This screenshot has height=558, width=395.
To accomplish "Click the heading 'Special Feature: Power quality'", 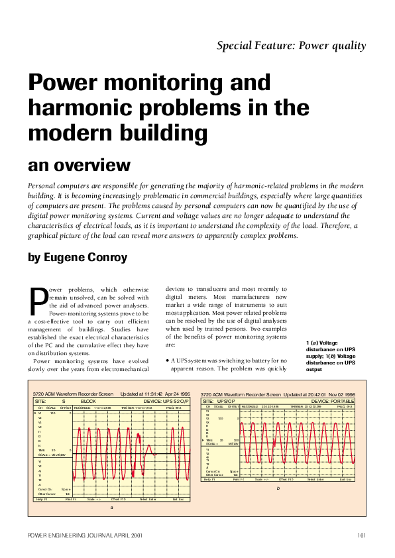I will (291, 46).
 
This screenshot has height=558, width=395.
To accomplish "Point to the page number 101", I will (361, 535).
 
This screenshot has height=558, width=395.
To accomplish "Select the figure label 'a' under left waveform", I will (111, 507).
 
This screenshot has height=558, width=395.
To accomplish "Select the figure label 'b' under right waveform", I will (278, 488).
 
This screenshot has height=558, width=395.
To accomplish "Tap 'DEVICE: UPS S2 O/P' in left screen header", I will (166, 402).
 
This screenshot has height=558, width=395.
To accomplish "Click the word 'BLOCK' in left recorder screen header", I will (89, 402).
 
